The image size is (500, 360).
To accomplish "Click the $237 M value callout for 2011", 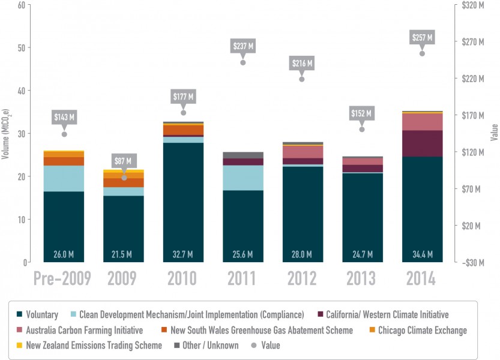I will tap(243, 45).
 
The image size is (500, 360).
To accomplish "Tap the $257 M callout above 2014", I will tap(422, 37).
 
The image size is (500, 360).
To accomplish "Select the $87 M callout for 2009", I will tap(124, 161).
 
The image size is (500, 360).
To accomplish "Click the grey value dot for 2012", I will tap(302, 79).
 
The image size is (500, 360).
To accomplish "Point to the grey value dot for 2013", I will tap(362, 130).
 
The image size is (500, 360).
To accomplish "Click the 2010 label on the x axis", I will tap(183, 279).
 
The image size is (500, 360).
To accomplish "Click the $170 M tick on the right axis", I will tap(472, 115).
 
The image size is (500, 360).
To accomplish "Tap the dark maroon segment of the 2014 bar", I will tap(422, 143).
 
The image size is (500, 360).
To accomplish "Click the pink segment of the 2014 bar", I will tap(422, 122).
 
